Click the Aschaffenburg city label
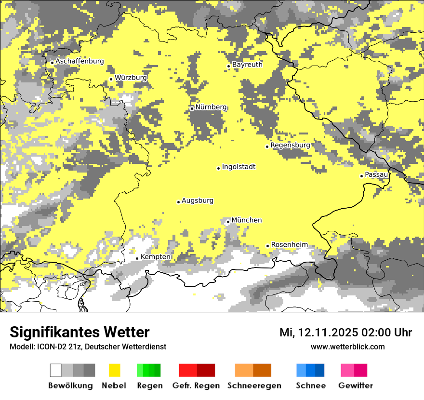[79, 61]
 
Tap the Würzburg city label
[131, 78]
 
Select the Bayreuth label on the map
[247, 65]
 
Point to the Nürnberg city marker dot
[192, 108]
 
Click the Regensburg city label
[290, 145]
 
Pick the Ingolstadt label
[238, 167]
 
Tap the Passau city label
[376, 174]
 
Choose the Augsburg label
[198, 200]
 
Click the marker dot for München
[228, 222]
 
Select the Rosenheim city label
[289, 245]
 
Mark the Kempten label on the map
[155, 257]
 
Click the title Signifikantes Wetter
[79, 332]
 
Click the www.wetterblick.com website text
[347, 347]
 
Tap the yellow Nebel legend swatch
[114, 370]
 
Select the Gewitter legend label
[355, 386]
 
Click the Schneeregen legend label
[254, 386]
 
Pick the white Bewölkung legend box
[56, 370]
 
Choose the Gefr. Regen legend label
[196, 386]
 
